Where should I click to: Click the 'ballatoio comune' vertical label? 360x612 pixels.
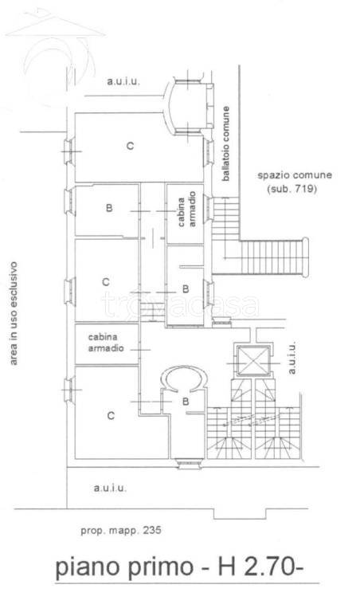click(x=226, y=143)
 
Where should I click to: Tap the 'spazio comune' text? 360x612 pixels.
click(x=295, y=175)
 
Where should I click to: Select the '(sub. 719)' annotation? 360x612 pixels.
click(x=292, y=189)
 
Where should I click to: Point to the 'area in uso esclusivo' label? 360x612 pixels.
click(x=14, y=313)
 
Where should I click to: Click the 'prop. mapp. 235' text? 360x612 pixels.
click(x=121, y=531)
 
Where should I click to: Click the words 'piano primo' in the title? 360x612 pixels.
click(x=124, y=567)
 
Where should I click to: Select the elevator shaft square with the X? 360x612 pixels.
click(x=253, y=362)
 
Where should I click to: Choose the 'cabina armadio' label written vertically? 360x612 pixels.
click(x=186, y=212)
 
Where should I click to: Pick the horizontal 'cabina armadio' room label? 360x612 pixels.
click(x=106, y=343)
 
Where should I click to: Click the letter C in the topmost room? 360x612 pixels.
click(x=131, y=146)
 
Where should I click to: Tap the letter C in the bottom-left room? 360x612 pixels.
click(x=111, y=416)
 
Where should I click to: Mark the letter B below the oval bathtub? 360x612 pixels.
click(x=186, y=402)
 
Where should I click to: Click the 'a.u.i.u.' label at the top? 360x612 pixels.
click(x=123, y=82)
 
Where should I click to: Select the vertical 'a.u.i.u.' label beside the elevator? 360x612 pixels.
click(x=292, y=358)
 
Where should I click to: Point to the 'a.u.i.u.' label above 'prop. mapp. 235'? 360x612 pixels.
click(x=110, y=488)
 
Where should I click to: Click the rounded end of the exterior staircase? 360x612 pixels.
click(x=305, y=257)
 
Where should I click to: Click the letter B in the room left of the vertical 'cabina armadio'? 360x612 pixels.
click(x=109, y=208)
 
